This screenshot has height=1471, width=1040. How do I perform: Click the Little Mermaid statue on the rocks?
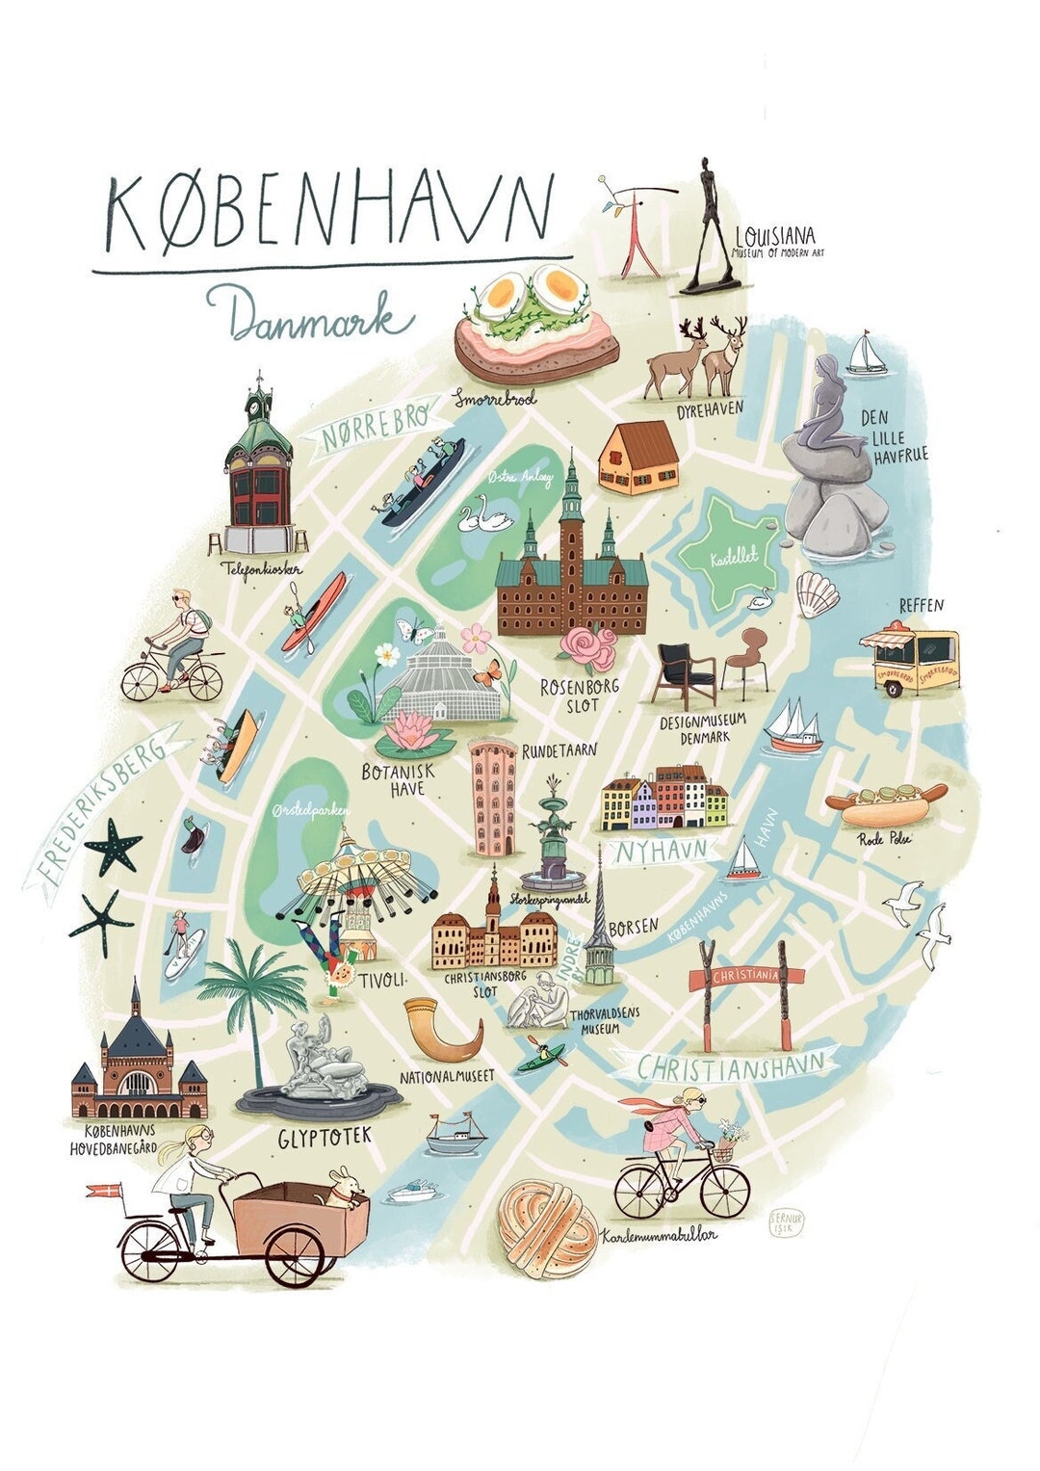[826, 414]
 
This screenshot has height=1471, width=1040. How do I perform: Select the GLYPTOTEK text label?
[325, 1138]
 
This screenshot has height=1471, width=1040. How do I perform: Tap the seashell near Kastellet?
[818, 593]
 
